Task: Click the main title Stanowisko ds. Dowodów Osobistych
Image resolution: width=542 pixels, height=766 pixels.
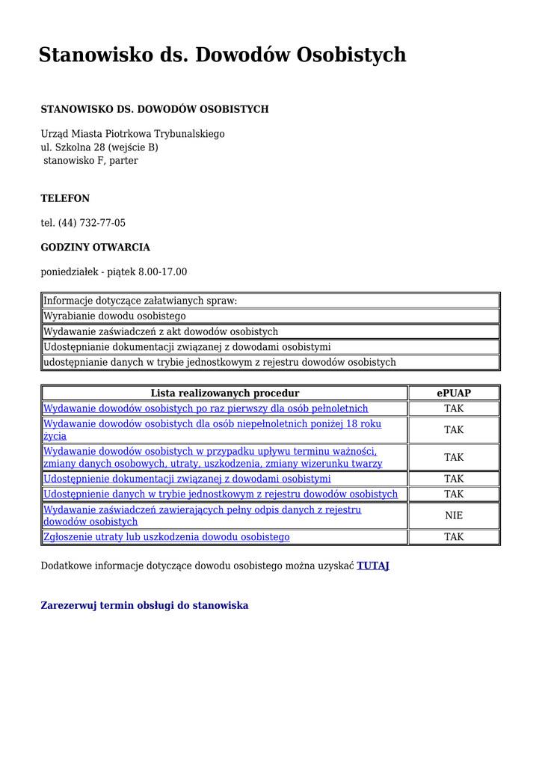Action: click(x=222, y=55)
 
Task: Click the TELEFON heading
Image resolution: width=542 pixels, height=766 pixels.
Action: click(x=65, y=199)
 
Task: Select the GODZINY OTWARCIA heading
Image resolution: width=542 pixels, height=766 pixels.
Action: click(x=95, y=248)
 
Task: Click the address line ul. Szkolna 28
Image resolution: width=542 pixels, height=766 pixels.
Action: click(x=99, y=147)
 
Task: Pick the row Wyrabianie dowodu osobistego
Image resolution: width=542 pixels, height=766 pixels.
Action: click(x=114, y=316)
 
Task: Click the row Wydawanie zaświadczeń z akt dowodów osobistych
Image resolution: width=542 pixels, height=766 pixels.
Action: click(x=161, y=331)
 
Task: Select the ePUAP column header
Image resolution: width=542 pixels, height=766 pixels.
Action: click(x=454, y=393)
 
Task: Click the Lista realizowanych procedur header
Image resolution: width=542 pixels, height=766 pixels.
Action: click(x=225, y=393)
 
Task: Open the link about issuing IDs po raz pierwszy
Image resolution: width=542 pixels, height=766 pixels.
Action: click(x=206, y=408)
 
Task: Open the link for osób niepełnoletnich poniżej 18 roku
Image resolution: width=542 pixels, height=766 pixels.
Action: click(x=212, y=424)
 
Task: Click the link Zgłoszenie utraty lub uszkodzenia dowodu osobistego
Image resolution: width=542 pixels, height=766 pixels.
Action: click(x=167, y=537)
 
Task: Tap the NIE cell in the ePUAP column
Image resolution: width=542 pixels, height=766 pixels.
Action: click(x=454, y=515)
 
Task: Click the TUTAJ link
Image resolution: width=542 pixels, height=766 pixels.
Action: click(x=373, y=566)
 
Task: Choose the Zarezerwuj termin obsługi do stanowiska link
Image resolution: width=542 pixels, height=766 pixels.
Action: click(x=144, y=605)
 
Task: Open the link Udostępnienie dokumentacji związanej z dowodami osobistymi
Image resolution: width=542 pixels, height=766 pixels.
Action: click(x=187, y=479)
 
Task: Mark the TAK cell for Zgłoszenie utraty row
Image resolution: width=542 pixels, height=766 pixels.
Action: click(x=454, y=537)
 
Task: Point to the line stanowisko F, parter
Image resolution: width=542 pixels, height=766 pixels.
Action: click(x=90, y=161)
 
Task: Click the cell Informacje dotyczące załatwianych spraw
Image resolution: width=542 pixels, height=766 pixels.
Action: click(x=140, y=301)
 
